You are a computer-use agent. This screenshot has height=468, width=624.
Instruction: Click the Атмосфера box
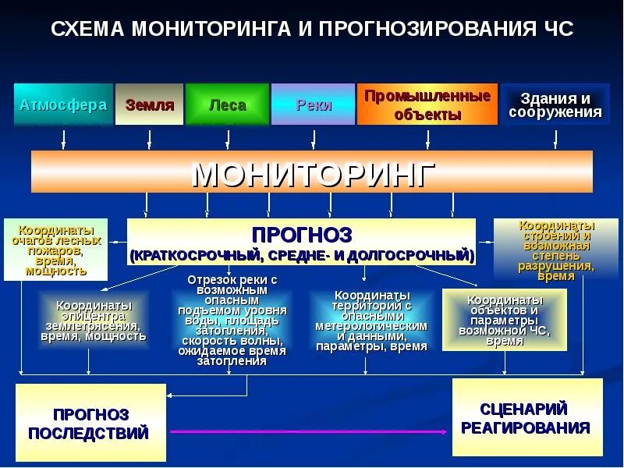point(62,105)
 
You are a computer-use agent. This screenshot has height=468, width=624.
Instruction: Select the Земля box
point(149,105)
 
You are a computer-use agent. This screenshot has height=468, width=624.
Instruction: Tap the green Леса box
point(228,105)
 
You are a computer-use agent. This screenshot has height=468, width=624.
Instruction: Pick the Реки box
point(314,105)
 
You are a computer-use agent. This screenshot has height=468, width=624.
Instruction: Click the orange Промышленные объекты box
point(427,105)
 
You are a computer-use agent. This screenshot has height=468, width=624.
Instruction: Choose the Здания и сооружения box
point(555,105)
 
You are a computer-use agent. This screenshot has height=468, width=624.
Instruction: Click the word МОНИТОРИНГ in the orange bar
point(312,172)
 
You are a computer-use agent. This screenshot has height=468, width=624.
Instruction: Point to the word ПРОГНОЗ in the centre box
point(302,234)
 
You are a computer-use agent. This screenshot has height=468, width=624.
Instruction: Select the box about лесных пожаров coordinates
point(55,250)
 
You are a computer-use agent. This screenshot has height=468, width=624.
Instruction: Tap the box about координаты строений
point(555,250)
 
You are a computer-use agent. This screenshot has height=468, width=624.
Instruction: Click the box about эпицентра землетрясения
point(93,321)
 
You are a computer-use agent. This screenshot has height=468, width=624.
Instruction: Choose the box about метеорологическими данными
point(371,321)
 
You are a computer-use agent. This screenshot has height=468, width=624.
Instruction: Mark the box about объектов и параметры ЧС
point(504,320)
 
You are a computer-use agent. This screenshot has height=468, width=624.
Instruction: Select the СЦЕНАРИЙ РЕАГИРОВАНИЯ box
point(527,417)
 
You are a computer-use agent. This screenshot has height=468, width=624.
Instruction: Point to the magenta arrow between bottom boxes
point(312,431)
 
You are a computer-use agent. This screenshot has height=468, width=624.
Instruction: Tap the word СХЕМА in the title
point(87,30)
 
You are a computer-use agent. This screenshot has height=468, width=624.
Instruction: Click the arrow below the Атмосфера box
point(63,139)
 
